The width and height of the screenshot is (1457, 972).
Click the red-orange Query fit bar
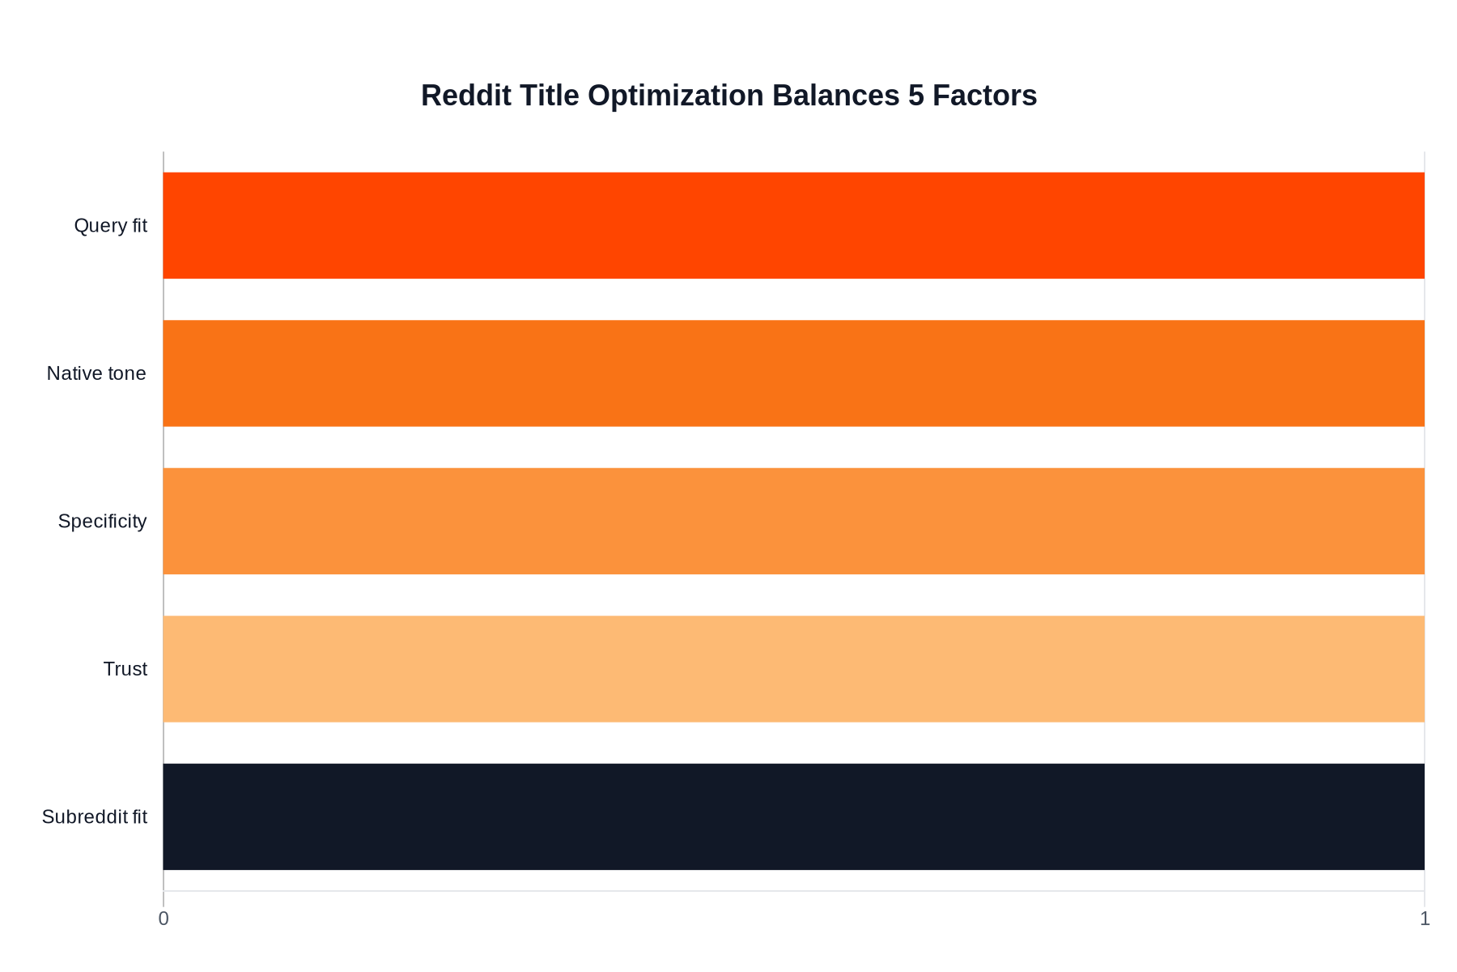[x=793, y=225]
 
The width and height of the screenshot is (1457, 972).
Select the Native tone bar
[x=793, y=373]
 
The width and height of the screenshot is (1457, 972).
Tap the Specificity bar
[x=793, y=521]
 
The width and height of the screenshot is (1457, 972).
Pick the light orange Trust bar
[x=793, y=669]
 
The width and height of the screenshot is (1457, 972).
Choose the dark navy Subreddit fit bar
[x=793, y=816]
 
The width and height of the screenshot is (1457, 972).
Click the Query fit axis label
[x=110, y=226]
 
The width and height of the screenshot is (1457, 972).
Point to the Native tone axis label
[x=96, y=373]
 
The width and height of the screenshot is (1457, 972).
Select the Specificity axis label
[x=102, y=522]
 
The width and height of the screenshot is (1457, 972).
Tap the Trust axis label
[x=125, y=669]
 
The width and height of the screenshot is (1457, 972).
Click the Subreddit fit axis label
[x=94, y=817]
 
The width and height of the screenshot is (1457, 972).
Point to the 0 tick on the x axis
[x=164, y=919]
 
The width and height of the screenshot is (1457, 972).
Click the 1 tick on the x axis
[x=1425, y=919]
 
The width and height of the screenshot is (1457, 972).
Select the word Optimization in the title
[x=675, y=96]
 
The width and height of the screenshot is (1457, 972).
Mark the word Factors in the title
[x=984, y=96]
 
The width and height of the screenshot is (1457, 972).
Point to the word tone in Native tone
[x=125, y=373]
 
